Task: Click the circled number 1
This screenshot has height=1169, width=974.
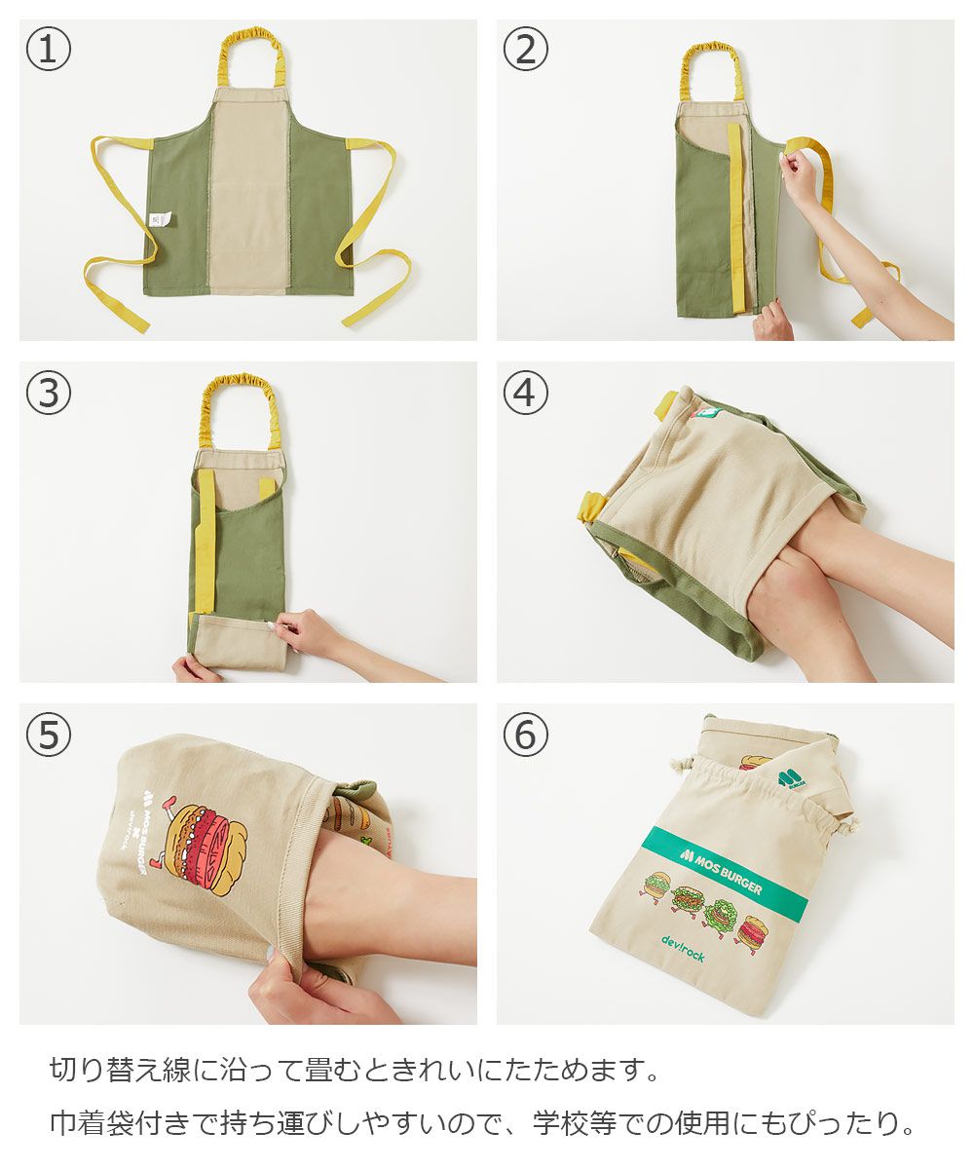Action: pos(49,49)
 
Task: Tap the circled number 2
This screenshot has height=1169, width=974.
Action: pos(525,49)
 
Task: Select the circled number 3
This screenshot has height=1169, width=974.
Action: pos(49,392)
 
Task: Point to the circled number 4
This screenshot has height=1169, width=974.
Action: pos(525,392)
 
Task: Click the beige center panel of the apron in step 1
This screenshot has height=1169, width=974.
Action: pos(248,190)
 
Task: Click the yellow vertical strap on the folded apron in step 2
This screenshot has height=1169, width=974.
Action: pos(735,218)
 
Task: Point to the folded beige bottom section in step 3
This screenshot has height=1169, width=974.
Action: pos(238,642)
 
